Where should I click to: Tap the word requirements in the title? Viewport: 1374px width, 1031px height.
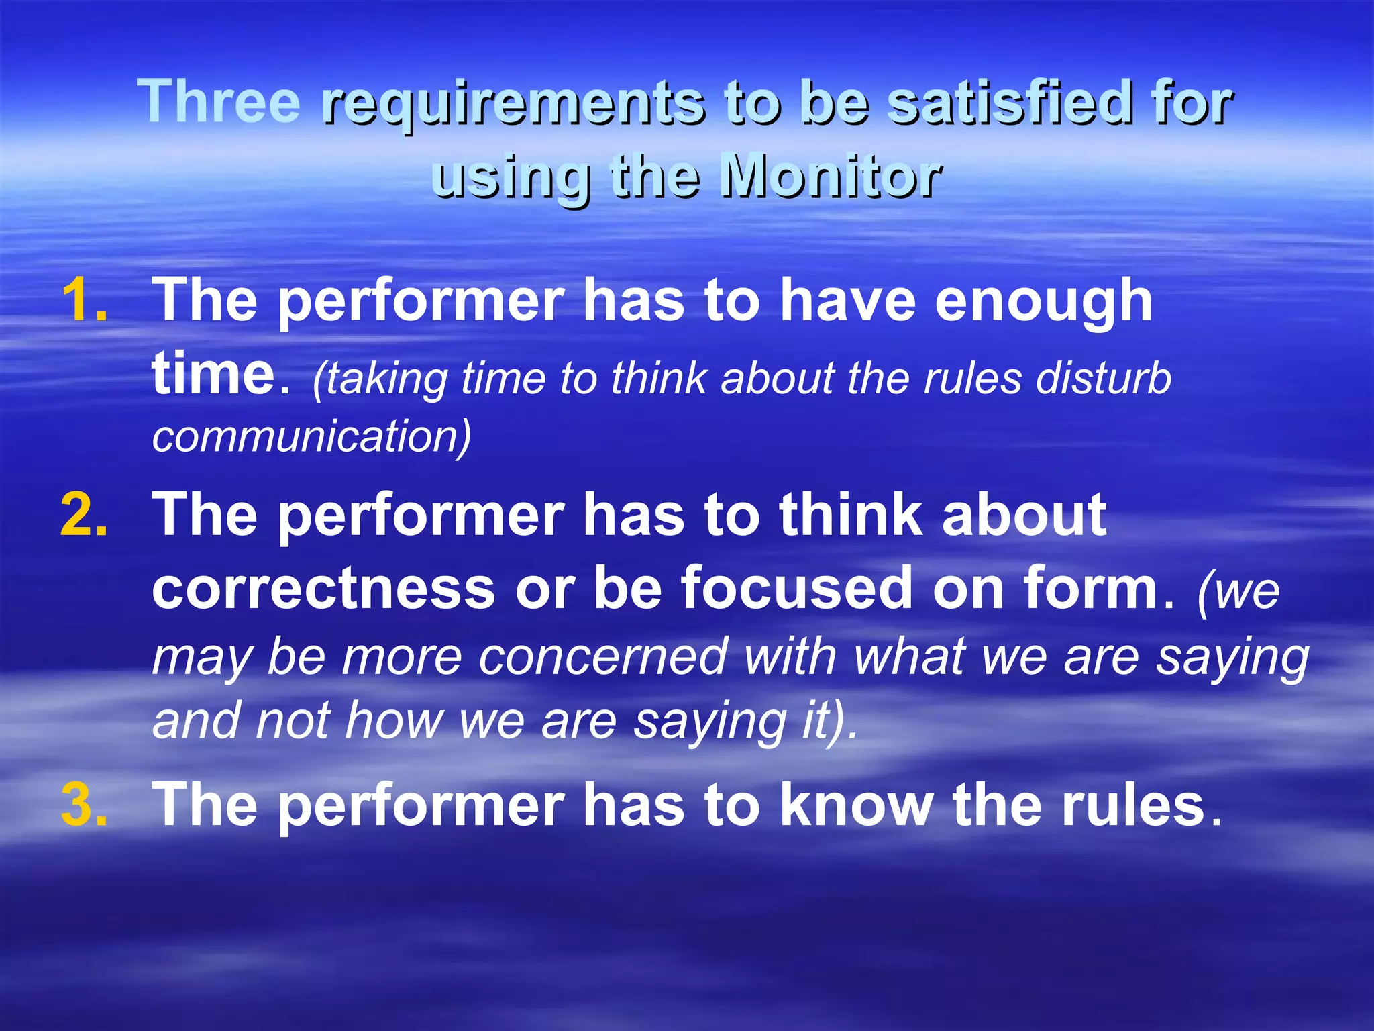[513, 104]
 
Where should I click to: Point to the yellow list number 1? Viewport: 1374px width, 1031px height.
[85, 300]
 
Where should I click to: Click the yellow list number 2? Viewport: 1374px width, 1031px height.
[85, 515]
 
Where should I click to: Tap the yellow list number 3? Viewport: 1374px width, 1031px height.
[85, 805]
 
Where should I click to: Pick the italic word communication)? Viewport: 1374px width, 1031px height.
[312, 436]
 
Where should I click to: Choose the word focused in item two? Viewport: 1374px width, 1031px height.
[796, 588]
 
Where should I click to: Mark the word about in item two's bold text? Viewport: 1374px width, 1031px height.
[1024, 515]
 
